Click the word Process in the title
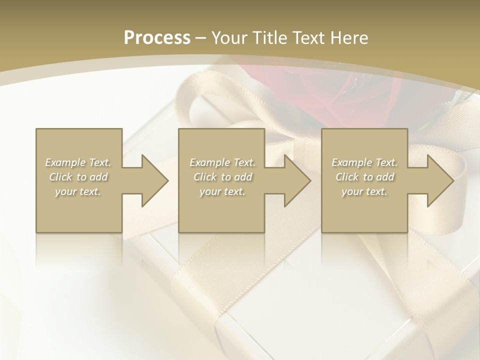157,38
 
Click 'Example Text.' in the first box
78,162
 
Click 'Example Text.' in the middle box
222,162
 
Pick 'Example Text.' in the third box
364,162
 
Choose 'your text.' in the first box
78,191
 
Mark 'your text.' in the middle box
222,191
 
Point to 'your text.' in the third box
364,191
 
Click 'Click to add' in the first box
78,177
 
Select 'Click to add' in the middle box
222,177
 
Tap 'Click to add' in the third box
364,177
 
